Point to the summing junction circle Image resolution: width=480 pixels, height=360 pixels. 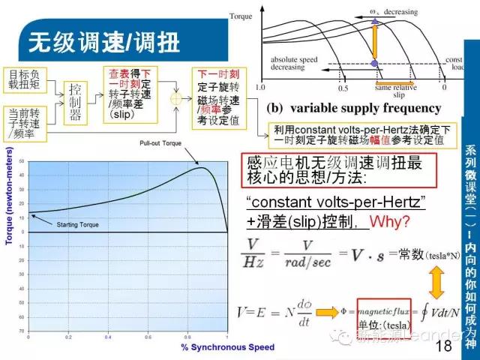pos(177,97)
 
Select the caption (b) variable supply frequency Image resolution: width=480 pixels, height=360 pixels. pos(355,108)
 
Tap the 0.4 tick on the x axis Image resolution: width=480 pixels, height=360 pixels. pos(107,337)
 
